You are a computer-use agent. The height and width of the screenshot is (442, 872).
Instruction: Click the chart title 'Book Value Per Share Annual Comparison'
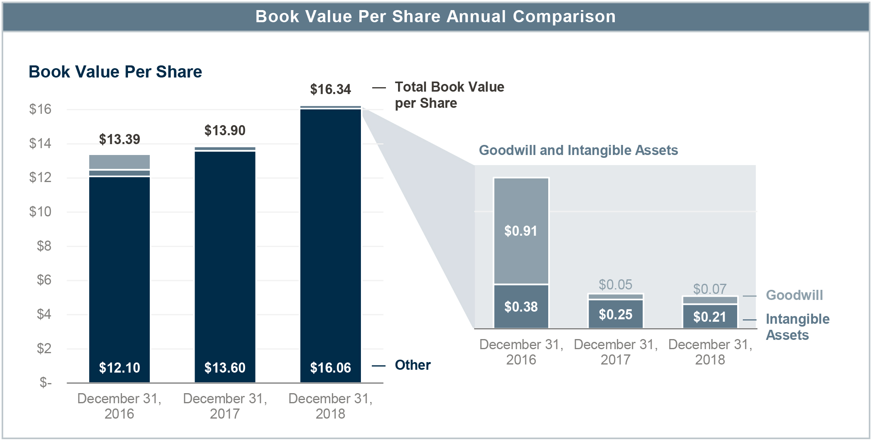point(436,17)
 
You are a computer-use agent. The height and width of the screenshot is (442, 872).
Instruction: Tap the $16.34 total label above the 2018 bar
point(330,89)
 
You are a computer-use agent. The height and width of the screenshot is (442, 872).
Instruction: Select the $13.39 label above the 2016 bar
point(119,139)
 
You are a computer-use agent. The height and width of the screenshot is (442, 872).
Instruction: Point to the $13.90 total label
point(225,130)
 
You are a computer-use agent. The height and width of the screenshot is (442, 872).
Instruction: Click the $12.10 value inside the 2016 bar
point(119,368)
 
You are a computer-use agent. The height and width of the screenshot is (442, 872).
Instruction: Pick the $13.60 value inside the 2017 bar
point(225,368)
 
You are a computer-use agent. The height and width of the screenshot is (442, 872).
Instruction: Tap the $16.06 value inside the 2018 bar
point(330,368)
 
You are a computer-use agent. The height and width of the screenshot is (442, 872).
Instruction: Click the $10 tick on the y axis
point(40,212)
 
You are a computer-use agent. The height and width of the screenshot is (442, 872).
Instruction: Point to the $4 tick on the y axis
point(44,314)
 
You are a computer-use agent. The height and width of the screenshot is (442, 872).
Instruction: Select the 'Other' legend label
point(413,365)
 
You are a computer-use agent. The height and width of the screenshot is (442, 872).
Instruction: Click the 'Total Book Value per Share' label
point(449,95)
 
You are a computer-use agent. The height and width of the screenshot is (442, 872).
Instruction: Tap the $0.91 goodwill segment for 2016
point(521,231)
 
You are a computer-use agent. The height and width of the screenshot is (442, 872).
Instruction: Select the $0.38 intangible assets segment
point(521,307)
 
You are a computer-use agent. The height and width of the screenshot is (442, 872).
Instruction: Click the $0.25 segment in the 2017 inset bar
point(615,314)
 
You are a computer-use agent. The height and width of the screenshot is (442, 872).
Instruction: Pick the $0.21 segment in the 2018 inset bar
point(710,317)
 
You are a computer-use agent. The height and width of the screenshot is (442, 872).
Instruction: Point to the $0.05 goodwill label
point(615,285)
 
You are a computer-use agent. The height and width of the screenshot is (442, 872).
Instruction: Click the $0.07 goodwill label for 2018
point(710,289)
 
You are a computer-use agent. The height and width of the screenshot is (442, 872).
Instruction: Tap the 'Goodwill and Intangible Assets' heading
point(578,150)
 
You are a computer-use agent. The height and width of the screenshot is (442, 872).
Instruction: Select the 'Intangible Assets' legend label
point(797,327)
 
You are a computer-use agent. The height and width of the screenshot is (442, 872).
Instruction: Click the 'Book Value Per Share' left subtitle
point(115,72)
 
